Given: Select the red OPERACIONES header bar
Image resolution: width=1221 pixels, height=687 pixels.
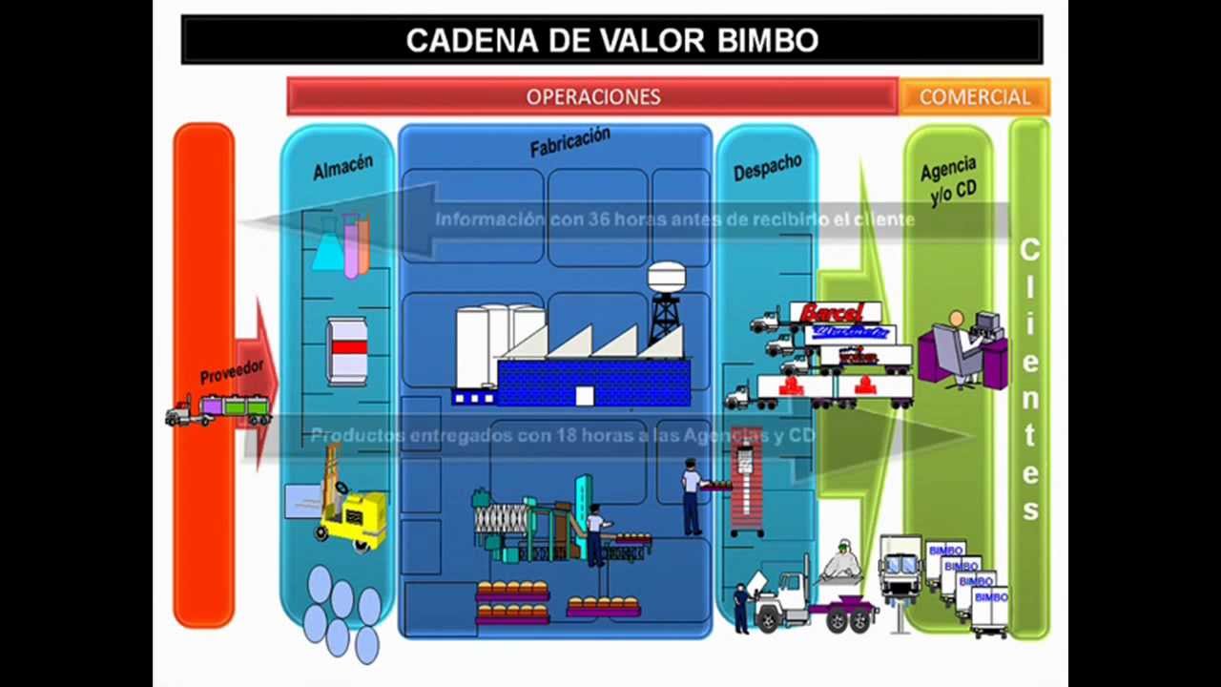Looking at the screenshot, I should pos(592,96).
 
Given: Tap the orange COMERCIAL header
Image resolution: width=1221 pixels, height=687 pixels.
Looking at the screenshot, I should pos(974,96).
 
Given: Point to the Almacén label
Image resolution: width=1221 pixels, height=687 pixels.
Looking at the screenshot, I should pos(342,167).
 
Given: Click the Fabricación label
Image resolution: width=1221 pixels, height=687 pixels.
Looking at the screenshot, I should pos(569,142).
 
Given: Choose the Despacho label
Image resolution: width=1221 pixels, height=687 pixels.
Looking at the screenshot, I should pos(767,167).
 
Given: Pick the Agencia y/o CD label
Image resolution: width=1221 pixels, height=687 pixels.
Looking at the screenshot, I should pos(948,179).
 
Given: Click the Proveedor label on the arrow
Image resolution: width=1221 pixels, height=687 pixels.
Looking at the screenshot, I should pos(231,370).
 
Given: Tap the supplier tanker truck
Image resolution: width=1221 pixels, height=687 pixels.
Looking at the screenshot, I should pos(218,411).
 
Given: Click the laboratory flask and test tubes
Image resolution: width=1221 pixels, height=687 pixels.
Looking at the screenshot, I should pos(341,243).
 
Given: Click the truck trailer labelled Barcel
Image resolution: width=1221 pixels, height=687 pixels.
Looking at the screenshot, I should pos(833,312).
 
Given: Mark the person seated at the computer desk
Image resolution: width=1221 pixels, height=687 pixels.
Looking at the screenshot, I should pos(956,343).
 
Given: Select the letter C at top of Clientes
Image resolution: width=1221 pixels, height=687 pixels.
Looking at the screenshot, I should pos(1029,251).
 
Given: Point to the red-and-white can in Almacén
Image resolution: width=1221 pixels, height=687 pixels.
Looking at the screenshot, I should pos(347,350).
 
